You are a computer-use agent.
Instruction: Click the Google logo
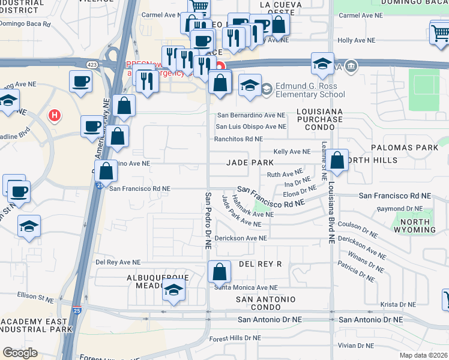click(x=20, y=353)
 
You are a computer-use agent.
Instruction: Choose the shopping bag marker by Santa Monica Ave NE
click(x=220, y=271)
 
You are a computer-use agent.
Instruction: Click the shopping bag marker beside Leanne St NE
click(x=337, y=160)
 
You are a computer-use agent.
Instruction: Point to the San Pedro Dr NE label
click(x=208, y=220)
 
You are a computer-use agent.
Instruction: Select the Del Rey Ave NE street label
click(x=118, y=262)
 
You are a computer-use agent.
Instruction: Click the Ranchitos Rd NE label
click(x=239, y=139)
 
